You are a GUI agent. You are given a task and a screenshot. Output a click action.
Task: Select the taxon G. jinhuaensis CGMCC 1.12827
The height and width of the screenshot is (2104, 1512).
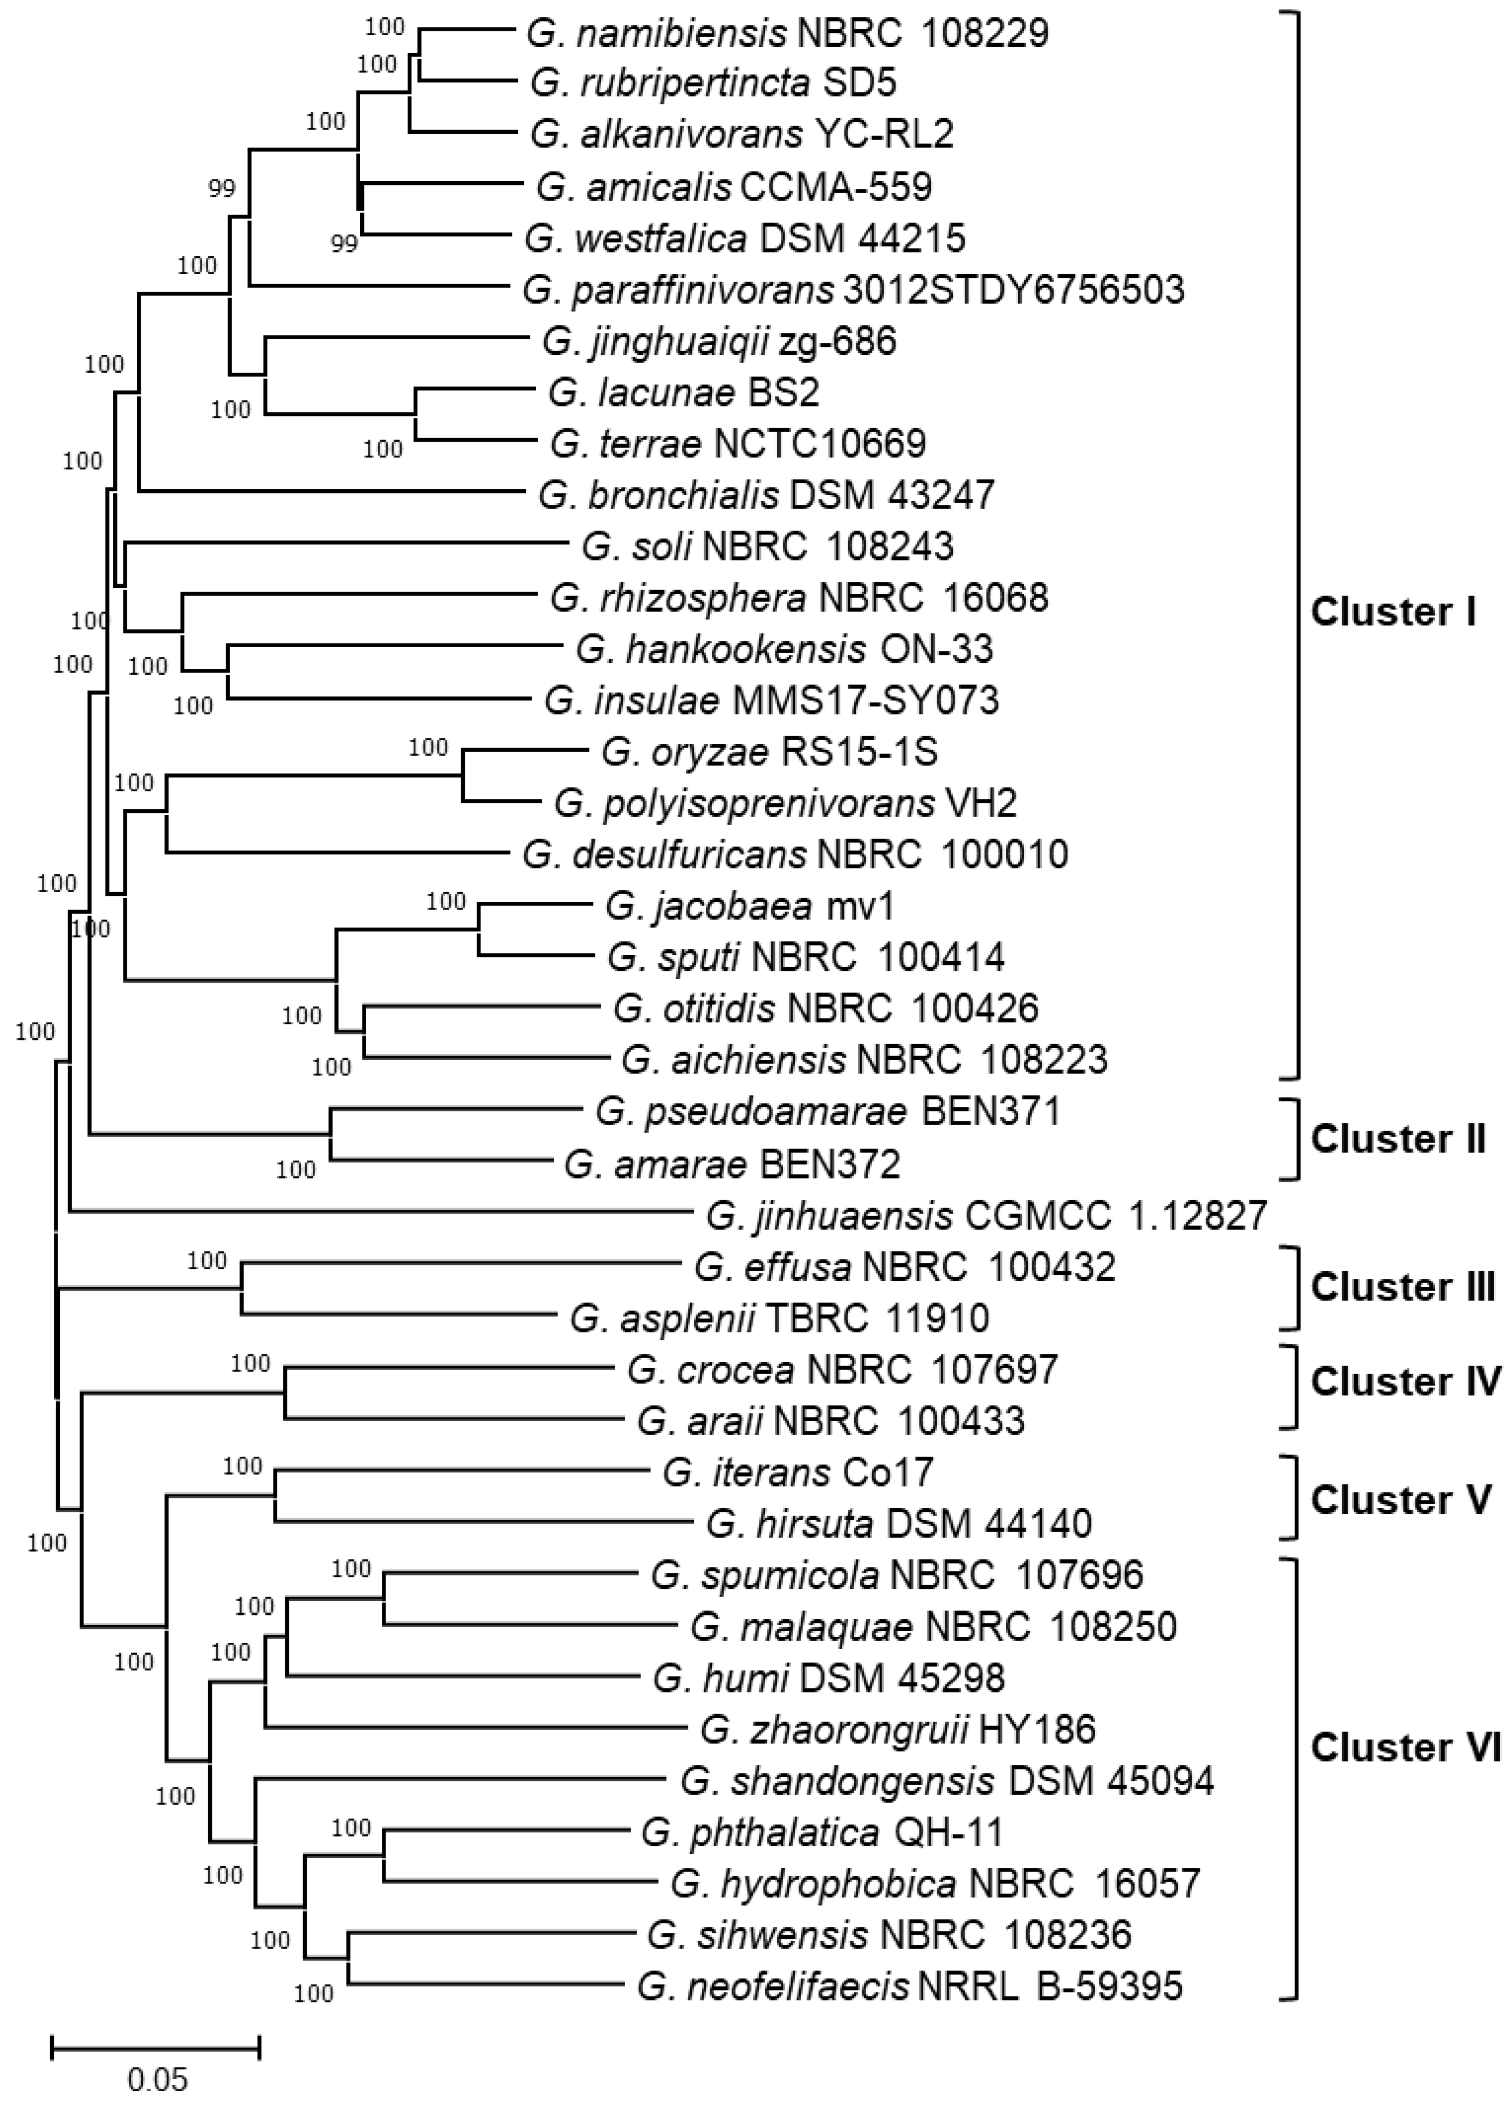click(x=986, y=1215)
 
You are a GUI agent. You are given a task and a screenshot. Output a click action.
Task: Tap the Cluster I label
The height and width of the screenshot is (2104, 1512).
click(x=1391, y=612)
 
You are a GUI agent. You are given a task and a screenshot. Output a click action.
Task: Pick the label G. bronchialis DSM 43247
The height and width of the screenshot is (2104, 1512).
click(x=766, y=495)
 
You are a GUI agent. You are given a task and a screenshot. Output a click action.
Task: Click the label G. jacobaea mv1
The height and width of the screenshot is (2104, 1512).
click(x=750, y=906)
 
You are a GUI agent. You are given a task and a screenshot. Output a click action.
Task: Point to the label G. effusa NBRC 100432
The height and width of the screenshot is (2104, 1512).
click(x=904, y=1266)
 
